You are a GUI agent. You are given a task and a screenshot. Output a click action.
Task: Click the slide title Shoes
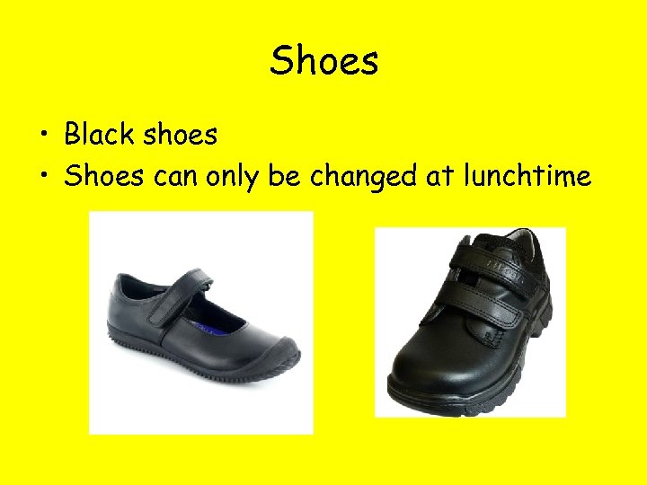[324, 61]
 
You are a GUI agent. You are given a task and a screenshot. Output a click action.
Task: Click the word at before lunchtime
[439, 177]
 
